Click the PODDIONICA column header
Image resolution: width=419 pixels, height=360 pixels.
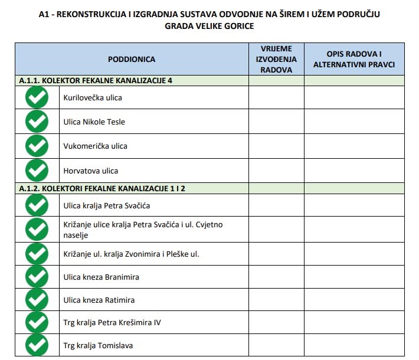[131, 59]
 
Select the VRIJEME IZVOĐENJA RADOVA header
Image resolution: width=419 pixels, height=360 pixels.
[276, 59]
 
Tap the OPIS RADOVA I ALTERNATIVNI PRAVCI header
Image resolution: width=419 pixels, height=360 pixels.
[354, 59]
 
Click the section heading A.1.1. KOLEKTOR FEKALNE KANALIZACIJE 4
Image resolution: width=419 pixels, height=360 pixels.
[95, 80]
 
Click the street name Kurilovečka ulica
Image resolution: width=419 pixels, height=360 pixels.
[93, 97]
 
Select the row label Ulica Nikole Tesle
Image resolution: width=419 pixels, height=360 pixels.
[94, 122]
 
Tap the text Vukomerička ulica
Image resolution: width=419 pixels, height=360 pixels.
[95, 146]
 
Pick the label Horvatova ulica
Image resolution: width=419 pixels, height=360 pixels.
[91, 171]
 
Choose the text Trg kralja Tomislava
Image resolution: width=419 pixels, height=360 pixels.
[98, 345]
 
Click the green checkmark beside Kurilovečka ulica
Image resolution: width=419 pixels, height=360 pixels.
[37, 97]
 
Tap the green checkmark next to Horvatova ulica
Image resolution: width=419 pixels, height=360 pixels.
[37, 171]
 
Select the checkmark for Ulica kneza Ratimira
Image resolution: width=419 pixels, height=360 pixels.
[37, 300]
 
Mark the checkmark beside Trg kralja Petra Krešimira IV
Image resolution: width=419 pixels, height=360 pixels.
[37, 322]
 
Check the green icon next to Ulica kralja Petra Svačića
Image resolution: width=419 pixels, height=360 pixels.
[37, 205]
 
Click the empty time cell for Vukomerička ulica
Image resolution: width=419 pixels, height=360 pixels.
[276, 146]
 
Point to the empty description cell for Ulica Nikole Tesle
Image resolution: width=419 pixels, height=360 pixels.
[354, 122]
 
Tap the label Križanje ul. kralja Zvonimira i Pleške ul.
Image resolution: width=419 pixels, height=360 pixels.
[131, 254]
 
